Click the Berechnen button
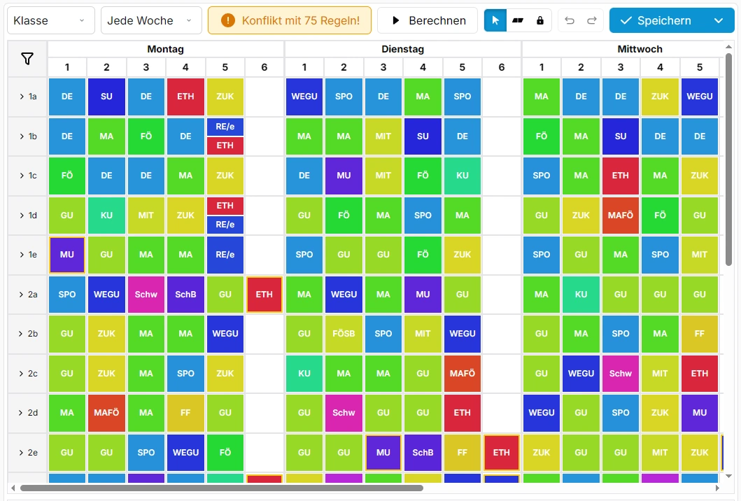[x=428, y=21]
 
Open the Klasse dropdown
[x=50, y=21]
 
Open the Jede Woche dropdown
[x=151, y=21]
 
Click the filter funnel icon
[x=27, y=59]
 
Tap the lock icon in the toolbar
[x=540, y=21]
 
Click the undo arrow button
[x=570, y=21]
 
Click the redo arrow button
[x=591, y=21]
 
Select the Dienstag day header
[x=402, y=49]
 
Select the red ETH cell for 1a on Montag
[x=185, y=97]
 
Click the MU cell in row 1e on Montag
[x=67, y=255]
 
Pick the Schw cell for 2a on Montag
[x=146, y=295]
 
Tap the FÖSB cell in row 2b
[x=344, y=334]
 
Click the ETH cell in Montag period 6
[x=264, y=295]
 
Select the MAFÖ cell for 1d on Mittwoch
[x=621, y=216]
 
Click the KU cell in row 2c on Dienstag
[x=304, y=374]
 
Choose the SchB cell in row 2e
[x=423, y=453]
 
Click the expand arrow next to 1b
[x=22, y=136]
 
